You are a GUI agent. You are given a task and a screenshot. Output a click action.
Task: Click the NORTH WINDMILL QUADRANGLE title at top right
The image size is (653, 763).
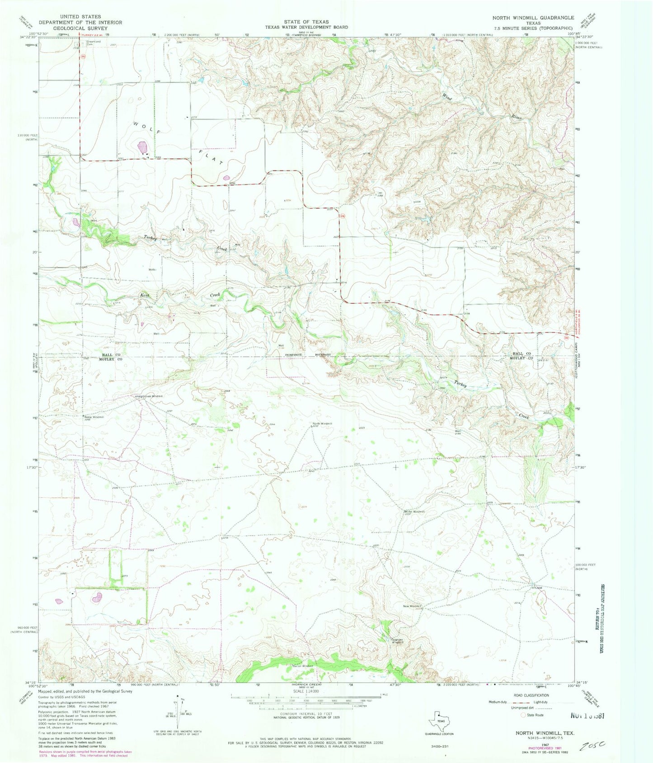pos(533,18)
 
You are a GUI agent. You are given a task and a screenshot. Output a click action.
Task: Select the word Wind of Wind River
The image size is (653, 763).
pos(447,97)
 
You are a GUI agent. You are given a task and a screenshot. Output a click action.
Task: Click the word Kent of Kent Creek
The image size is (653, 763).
pos(145,294)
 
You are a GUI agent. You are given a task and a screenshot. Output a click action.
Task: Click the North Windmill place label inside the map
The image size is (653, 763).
pos(322,424)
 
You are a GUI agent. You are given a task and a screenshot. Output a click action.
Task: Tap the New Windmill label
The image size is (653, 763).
pos(412,606)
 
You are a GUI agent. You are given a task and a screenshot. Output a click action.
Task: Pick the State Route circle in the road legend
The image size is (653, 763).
pos(524,715)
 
